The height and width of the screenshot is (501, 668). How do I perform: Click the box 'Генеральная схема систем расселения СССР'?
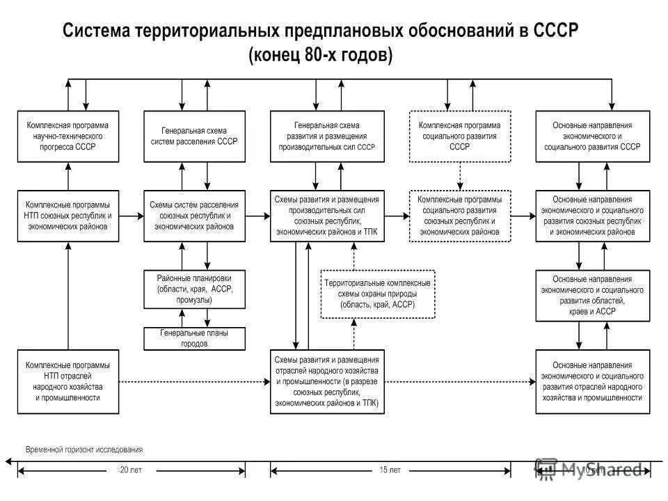click(194, 136)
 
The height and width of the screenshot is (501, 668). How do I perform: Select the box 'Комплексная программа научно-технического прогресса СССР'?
click(67, 136)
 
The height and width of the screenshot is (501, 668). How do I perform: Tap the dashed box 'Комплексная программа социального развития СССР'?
click(460, 136)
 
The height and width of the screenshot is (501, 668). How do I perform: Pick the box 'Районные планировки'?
click(194, 289)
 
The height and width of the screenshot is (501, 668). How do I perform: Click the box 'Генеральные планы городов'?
click(194, 338)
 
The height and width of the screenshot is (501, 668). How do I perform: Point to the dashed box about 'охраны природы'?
click(378, 294)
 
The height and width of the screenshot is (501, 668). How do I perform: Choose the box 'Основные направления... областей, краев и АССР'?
click(592, 295)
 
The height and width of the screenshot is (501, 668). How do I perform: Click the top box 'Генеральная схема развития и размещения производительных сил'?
click(327, 136)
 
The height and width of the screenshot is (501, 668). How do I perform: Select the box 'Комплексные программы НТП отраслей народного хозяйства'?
click(67, 382)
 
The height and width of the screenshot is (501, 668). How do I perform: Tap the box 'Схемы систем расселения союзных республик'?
click(194, 216)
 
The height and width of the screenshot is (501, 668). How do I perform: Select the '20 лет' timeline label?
click(131, 470)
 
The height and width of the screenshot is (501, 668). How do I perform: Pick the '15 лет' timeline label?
click(390, 470)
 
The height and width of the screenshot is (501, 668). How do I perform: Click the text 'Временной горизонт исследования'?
click(83, 449)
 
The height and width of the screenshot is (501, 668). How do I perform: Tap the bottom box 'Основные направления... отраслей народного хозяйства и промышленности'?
click(592, 382)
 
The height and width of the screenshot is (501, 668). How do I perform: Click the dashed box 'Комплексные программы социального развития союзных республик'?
click(460, 216)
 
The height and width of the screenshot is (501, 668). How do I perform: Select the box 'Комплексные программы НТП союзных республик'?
click(67, 216)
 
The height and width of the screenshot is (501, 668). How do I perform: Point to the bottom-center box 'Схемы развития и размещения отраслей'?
click(327, 382)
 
